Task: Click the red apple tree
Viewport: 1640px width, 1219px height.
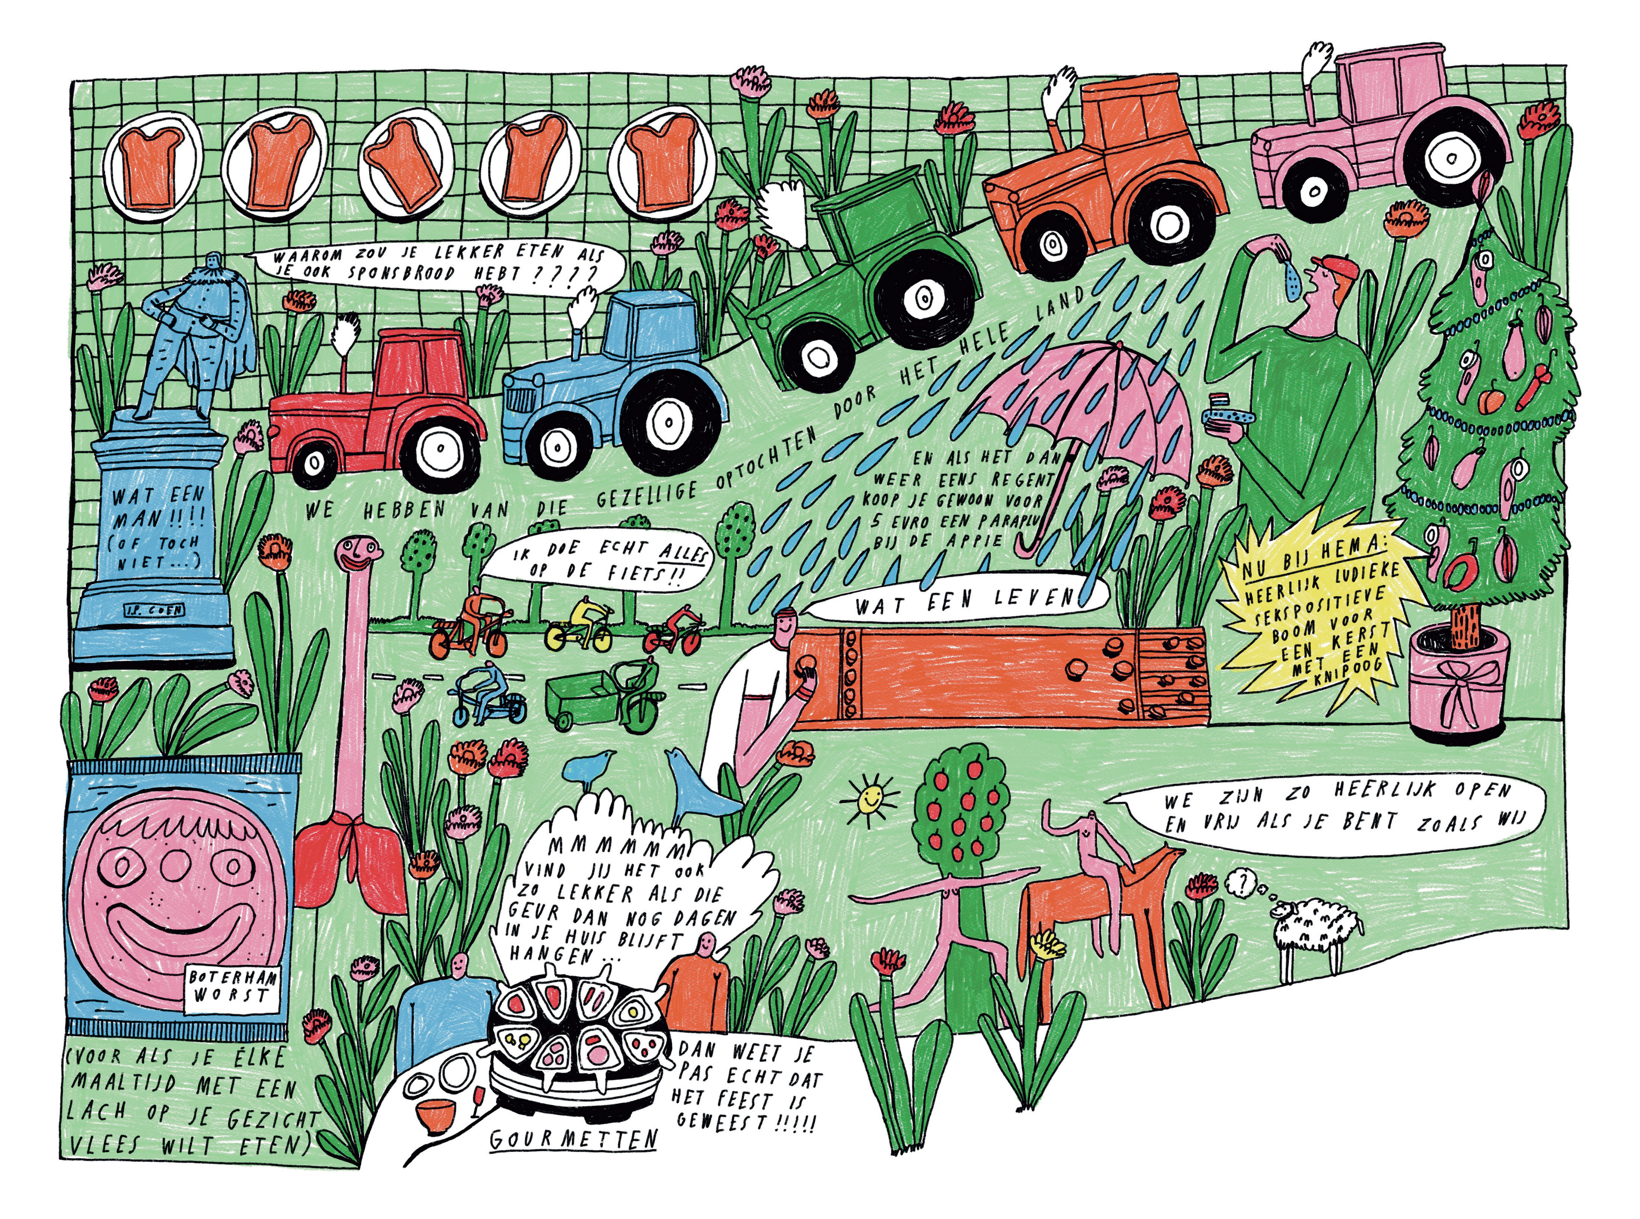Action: tap(959, 812)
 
